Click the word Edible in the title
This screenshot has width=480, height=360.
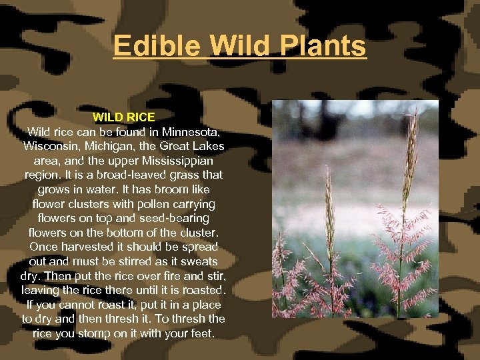point(156,47)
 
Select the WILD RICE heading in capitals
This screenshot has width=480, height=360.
point(123,117)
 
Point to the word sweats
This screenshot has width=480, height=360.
point(199,261)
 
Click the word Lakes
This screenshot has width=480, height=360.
point(208,145)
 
